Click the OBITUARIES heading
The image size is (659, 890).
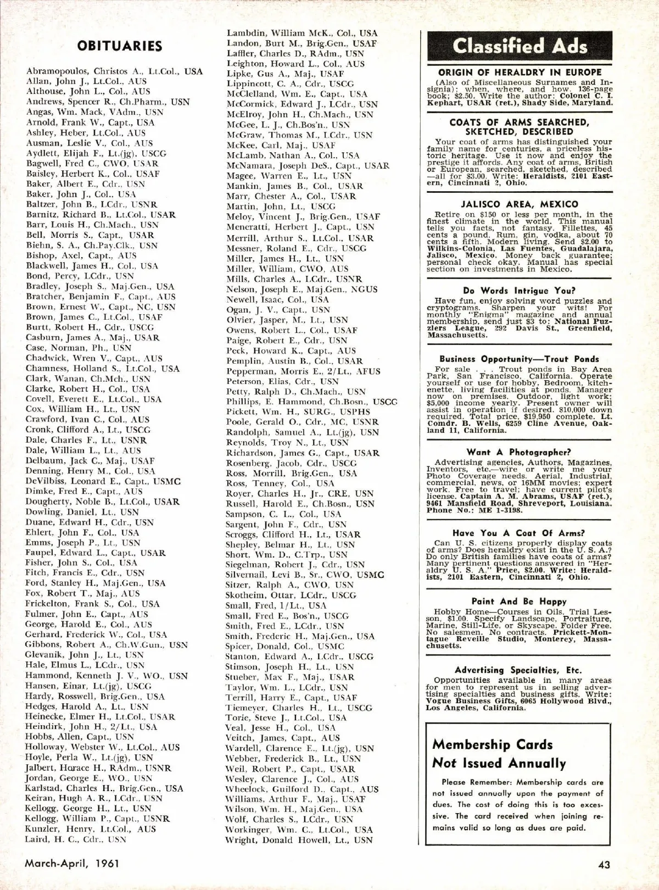coord(120,46)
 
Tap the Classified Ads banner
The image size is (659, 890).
coord(520,47)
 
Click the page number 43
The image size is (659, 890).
coord(604,864)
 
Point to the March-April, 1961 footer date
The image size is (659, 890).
coord(72,863)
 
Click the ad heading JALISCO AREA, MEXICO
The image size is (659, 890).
coord(520,204)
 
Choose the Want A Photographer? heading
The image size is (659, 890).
coord(519,452)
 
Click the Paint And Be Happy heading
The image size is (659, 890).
coord(519,602)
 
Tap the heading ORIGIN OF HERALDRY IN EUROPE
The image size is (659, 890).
coord(520,73)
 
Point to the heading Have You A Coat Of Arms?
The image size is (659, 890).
coord(519,533)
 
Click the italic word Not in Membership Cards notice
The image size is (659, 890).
coord(444,764)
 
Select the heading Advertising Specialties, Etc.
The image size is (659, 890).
coord(519,670)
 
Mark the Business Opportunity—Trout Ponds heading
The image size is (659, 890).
coord(519,359)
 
